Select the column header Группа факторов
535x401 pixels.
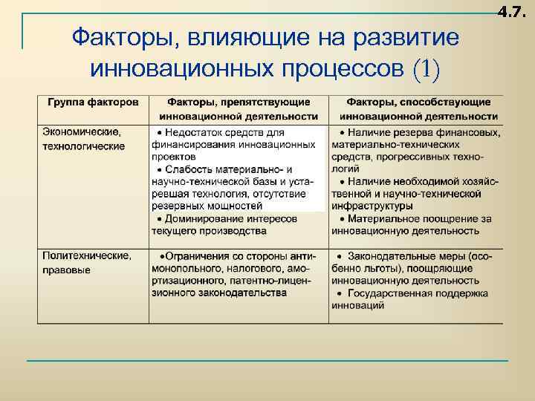click(93, 102)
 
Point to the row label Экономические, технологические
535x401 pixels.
click(83, 138)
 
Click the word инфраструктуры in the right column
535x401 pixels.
click(372, 206)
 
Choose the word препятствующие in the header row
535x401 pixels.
click(274, 102)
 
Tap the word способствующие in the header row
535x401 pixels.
click(453, 102)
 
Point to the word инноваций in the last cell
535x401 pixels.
click(358, 305)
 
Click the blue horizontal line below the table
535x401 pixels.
click(267, 361)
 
